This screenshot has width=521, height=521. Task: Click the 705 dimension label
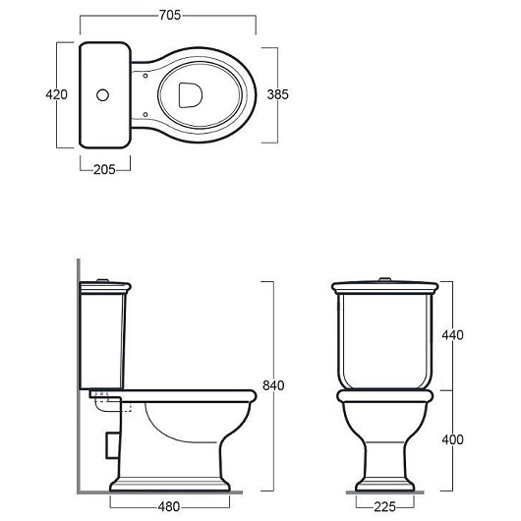170,16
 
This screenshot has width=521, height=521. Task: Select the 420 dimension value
56,94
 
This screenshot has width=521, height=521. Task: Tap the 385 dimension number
278,94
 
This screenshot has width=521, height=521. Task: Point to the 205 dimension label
104,170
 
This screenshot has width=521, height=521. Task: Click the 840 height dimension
273,385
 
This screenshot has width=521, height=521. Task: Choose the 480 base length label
169,507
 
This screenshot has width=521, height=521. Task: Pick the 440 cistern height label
452,335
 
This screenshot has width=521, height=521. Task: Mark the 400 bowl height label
452,440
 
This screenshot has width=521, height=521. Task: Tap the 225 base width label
385,507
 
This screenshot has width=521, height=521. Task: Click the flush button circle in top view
102,95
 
